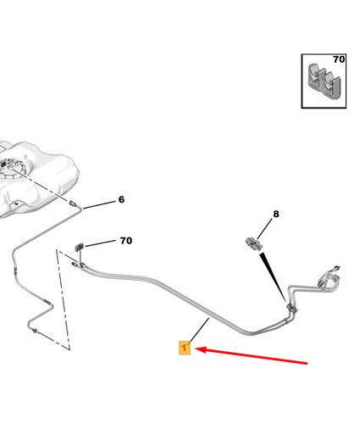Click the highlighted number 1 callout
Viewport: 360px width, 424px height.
pyautogui.click(x=185, y=348)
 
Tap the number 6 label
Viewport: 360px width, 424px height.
pyautogui.click(x=121, y=199)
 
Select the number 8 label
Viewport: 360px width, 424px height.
pyautogui.click(x=276, y=214)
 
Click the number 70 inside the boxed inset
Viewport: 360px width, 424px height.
pyautogui.click(x=339, y=59)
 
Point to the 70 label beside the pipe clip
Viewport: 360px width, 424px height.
pyautogui.click(x=126, y=241)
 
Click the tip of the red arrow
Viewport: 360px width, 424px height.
pyautogui.click(x=196, y=349)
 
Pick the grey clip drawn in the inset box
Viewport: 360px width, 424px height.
pyautogui.click(x=324, y=81)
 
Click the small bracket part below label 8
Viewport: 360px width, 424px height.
pyautogui.click(x=254, y=243)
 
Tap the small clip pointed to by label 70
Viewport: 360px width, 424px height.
pyautogui.click(x=79, y=248)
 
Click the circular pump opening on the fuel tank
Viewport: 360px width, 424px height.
pyautogui.click(x=12, y=169)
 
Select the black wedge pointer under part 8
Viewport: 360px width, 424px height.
pyautogui.click(x=273, y=276)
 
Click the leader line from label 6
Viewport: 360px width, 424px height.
pyautogui.click(x=100, y=205)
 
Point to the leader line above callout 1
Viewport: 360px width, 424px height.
pyautogui.click(x=200, y=330)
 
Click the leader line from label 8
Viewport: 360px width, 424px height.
pyautogui.click(x=265, y=229)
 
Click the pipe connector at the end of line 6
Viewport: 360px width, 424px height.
pyautogui.click(x=73, y=204)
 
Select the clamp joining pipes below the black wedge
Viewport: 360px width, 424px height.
pyautogui.click(x=291, y=308)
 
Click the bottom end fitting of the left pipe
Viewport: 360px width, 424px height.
pyautogui.click(x=35, y=332)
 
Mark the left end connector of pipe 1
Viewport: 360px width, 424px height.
pyautogui.click(x=75, y=265)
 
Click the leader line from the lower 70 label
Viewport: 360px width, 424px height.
pyautogui.click(x=100, y=243)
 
